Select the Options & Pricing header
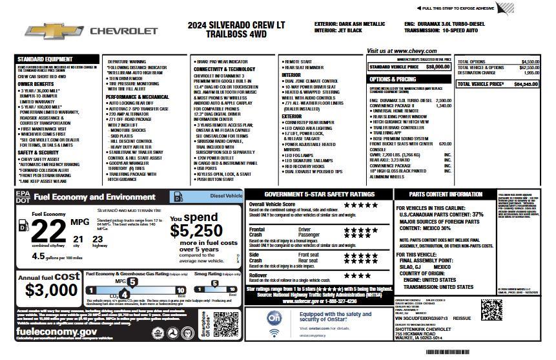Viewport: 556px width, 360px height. tap(393, 79)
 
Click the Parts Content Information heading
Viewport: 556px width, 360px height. tap(445, 194)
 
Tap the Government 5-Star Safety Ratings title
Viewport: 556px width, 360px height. tap(320, 194)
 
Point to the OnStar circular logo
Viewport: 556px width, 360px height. tap(274, 320)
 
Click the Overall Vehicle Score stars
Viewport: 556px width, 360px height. tap(361, 205)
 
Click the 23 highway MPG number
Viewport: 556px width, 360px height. tap(98, 240)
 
